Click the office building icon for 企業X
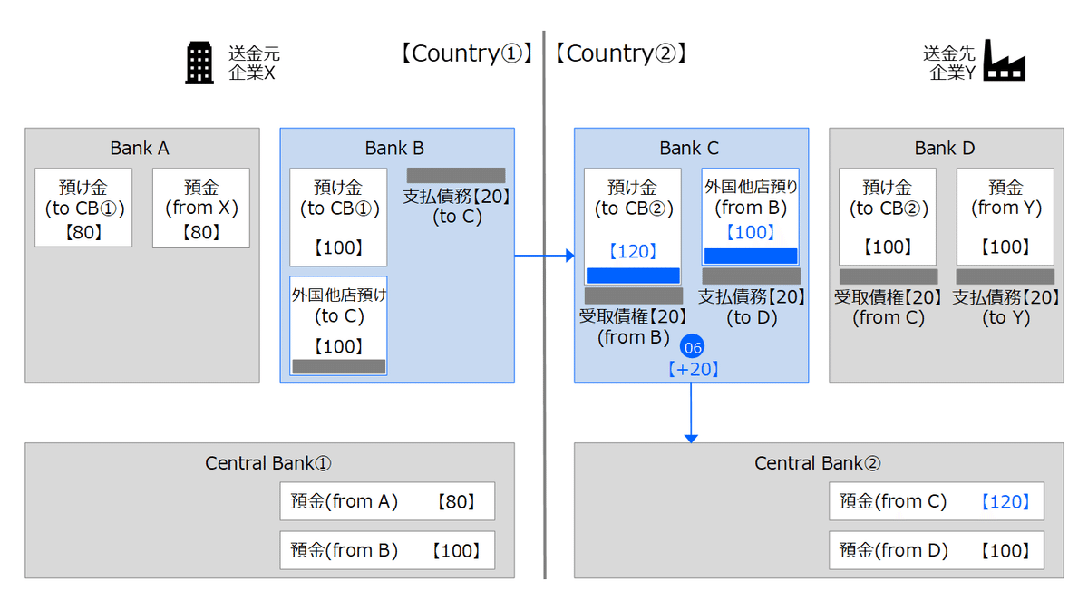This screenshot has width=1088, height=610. coord(199,63)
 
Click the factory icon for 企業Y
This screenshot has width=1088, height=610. coord(1004,61)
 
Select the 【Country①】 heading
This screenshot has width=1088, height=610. coord(463,53)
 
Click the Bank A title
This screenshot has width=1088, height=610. coord(140,148)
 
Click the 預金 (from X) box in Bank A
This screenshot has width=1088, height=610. coord(200,208)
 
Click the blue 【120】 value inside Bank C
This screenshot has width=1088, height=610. coord(632,251)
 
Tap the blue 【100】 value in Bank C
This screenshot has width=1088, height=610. coord(750,232)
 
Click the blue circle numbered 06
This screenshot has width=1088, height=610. coord(693,347)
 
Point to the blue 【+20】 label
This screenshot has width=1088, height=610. coord(693,369)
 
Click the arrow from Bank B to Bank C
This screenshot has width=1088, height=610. coord(544,256)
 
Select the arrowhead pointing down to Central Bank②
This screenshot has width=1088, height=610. coord(691,438)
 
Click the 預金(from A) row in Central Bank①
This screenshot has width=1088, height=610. coord(387,501)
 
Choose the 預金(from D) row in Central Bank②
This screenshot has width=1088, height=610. coord(936,550)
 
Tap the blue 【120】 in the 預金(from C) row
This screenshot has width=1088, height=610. coord(1005,501)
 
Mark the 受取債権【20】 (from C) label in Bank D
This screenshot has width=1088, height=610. coord(888,307)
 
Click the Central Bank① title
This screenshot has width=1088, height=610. coord(268,463)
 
